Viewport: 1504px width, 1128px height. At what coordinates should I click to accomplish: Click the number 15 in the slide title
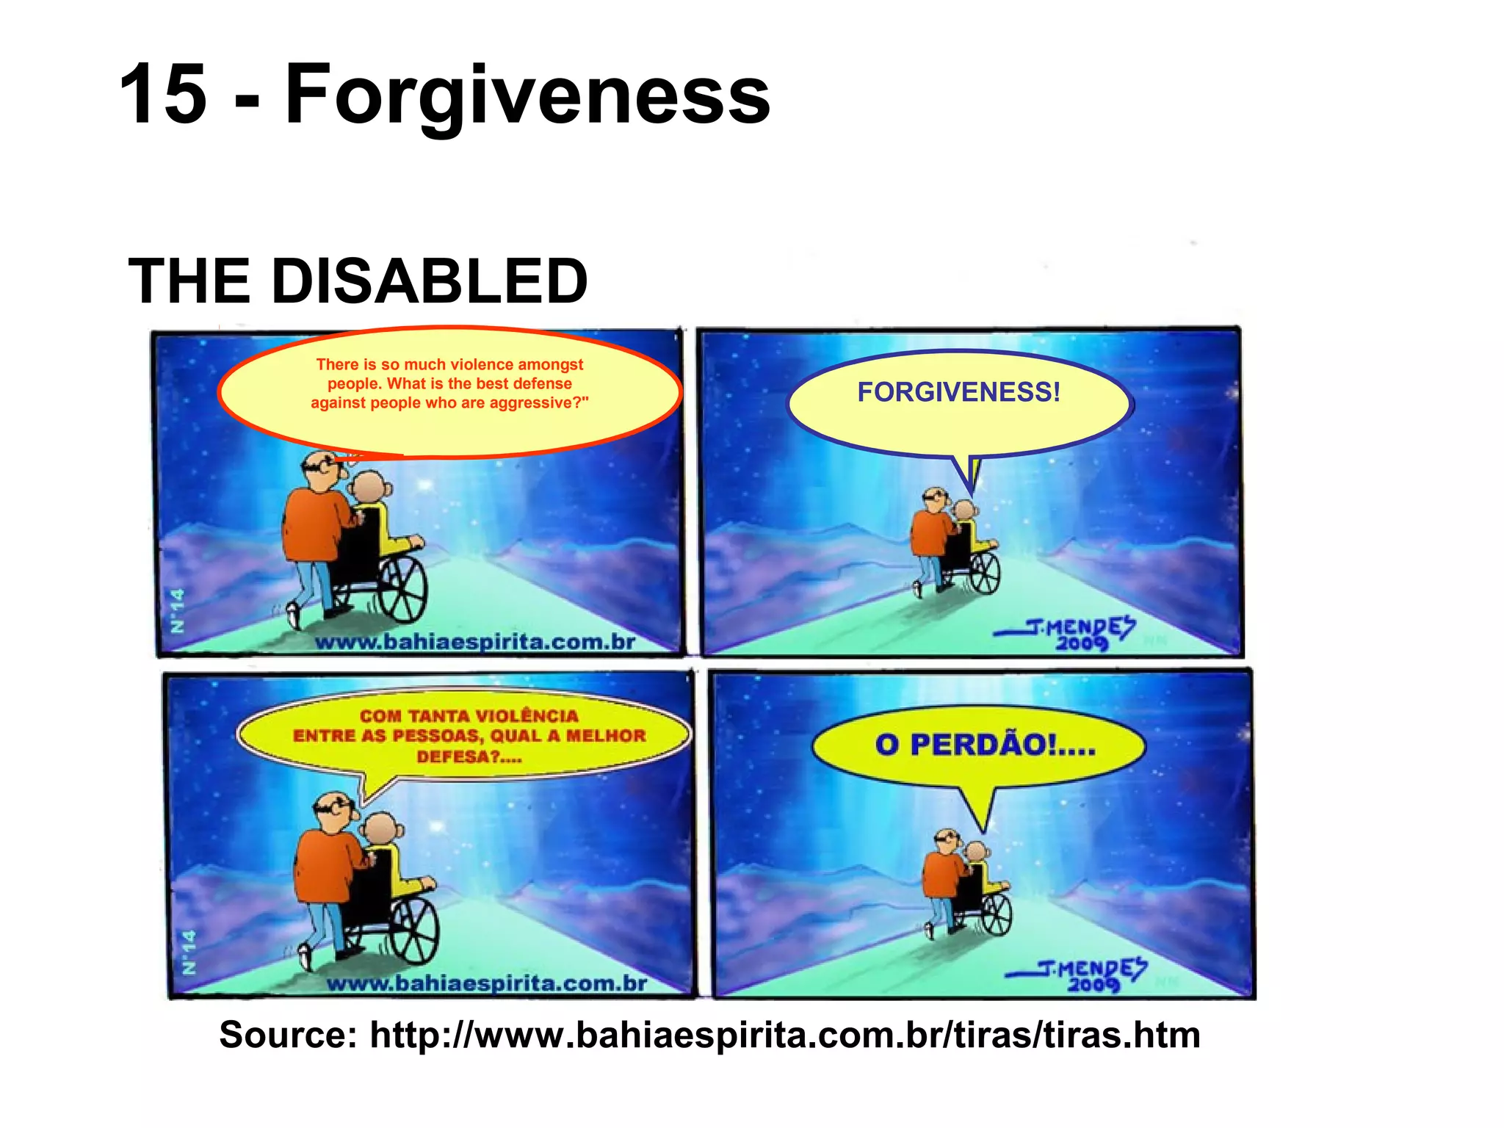(x=163, y=94)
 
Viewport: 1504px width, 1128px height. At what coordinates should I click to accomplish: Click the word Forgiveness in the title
(x=527, y=95)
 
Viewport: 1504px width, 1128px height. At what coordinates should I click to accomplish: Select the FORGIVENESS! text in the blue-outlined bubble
(x=958, y=392)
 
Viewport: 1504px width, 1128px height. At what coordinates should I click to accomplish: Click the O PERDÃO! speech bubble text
(x=984, y=745)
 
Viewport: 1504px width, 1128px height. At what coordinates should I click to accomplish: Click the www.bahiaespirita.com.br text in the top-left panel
(x=475, y=642)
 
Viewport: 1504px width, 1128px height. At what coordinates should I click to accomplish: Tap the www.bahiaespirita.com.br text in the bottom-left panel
(x=487, y=983)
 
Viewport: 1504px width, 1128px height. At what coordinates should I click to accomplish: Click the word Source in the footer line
(x=287, y=1035)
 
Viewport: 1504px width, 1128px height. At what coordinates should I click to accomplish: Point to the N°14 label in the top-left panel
(x=177, y=610)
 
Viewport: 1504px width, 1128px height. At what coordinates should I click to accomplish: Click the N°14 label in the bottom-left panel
(x=189, y=952)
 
